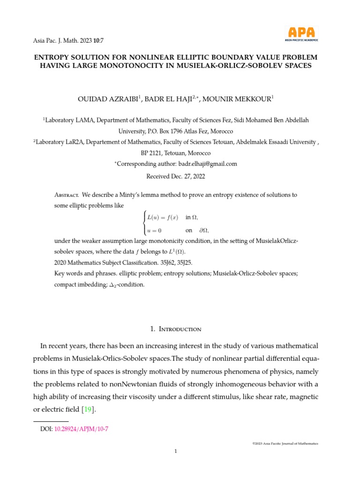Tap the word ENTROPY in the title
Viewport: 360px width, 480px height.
[x=54, y=57]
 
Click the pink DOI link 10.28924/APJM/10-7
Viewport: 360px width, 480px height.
[x=82, y=428]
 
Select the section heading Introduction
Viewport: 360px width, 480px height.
[x=180, y=329]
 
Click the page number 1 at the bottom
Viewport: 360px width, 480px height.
[x=175, y=451]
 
